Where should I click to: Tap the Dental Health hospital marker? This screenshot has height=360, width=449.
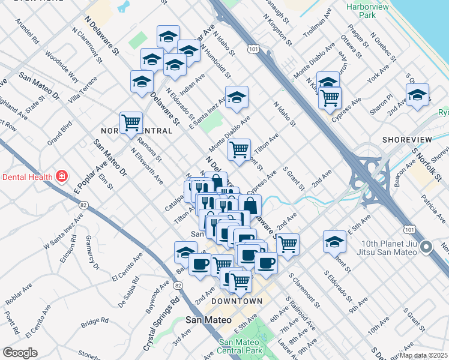pos(61,176)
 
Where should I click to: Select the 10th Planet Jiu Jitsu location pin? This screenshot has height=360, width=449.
pos(427,247)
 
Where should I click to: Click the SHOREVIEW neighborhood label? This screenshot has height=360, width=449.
pos(407,139)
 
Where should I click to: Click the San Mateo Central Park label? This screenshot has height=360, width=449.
pos(241,346)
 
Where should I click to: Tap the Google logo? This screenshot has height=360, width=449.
pos(20,353)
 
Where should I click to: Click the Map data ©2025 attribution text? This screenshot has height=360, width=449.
pos(423,355)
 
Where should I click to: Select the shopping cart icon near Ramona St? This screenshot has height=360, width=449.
pos(131,123)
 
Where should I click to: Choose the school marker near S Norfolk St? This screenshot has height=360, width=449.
pos(417,95)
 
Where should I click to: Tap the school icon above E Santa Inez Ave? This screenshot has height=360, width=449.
pos(237,97)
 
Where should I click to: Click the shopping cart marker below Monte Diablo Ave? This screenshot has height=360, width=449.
pos(239,149)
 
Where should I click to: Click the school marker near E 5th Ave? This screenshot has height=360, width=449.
pos(334,242)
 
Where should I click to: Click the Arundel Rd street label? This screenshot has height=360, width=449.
pos(28,34)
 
